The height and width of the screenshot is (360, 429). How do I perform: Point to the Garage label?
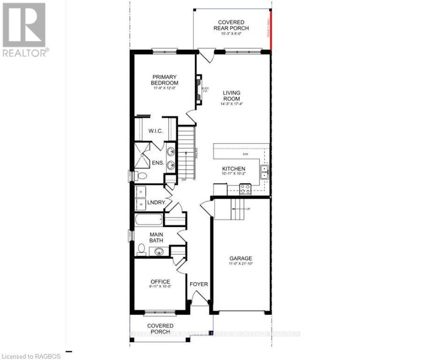coord(240,258)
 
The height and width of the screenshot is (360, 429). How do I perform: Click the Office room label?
coord(160,282)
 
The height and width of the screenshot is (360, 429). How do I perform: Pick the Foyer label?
coord(199,284)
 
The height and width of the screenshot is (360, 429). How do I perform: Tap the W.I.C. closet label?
coord(155,131)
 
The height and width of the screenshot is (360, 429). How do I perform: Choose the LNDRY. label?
coord(155,202)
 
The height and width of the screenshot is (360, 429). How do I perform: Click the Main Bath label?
coord(156,238)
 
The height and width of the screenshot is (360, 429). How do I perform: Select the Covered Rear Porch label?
coord(233,25)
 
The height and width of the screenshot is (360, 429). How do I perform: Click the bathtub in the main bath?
coord(148,219)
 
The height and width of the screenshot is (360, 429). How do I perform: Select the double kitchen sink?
coord(265,172)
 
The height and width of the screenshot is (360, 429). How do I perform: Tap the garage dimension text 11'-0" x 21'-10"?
coord(240,265)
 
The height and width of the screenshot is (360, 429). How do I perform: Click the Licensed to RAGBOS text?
coord(30,356)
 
